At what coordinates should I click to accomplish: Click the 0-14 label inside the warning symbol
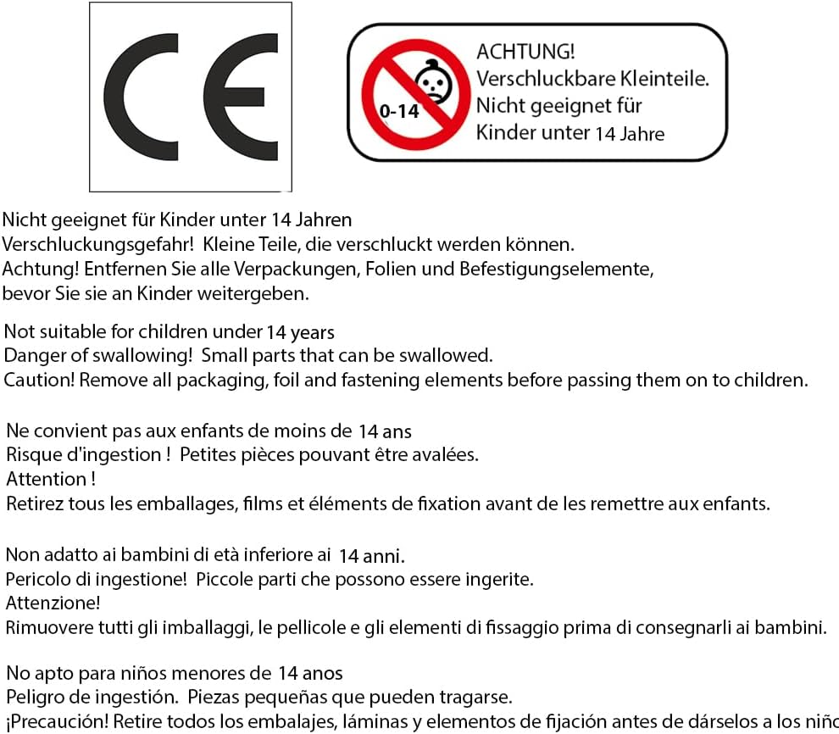(x=399, y=111)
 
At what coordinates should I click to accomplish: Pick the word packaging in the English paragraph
(x=220, y=380)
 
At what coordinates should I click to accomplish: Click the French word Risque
(x=33, y=454)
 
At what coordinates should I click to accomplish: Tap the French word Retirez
(x=36, y=503)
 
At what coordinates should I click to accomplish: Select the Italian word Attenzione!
(x=53, y=603)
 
